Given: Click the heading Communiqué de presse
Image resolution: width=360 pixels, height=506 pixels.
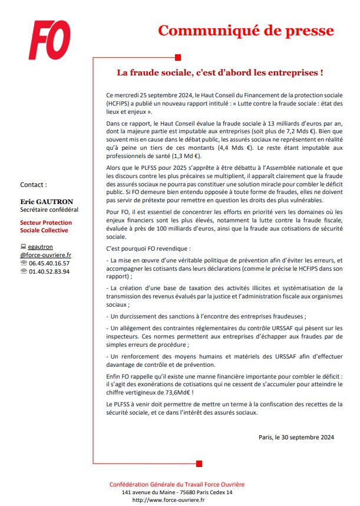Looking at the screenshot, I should pyautogui.click(x=246, y=31).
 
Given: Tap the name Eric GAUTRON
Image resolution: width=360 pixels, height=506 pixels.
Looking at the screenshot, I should pyautogui.click(x=47, y=201).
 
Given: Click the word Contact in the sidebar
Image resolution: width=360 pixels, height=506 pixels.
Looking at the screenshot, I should pyautogui.click(x=34, y=184).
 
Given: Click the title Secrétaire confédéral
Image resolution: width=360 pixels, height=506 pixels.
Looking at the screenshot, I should pyautogui.click(x=49, y=209).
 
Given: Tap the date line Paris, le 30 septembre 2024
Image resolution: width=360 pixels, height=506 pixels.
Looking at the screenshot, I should pyautogui.click(x=296, y=437).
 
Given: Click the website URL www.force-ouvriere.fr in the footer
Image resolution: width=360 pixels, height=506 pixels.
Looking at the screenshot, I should pyautogui.click(x=169, y=500).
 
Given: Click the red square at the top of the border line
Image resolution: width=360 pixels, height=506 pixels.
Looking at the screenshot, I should pyautogui.click(x=179, y=57).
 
